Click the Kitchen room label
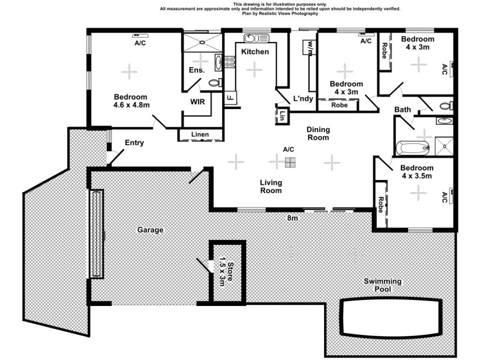(255, 52)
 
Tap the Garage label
(150, 230)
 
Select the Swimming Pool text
(383, 285)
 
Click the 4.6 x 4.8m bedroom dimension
(131, 105)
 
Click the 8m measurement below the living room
(292, 218)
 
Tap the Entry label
(135, 143)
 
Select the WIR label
(198, 102)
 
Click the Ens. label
(197, 71)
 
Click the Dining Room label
(318, 133)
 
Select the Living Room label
(271, 187)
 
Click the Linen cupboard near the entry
(200, 134)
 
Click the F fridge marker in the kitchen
(229, 97)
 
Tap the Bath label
(402, 109)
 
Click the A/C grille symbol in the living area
(291, 162)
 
